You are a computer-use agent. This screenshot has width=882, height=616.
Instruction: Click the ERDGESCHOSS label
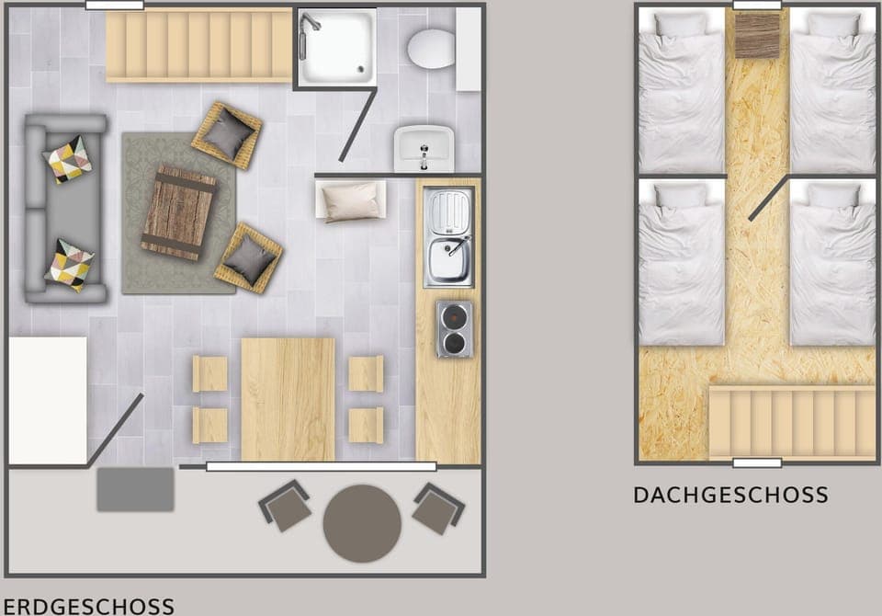tap(88, 606)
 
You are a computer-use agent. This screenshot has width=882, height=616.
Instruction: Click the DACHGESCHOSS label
tap(730, 496)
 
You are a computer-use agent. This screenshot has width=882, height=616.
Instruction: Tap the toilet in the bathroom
tap(431, 48)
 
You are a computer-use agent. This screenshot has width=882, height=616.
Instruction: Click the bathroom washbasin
tap(424, 148)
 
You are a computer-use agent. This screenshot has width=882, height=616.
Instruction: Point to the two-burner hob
tap(454, 329)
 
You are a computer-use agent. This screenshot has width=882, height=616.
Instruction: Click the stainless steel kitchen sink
tap(448, 237)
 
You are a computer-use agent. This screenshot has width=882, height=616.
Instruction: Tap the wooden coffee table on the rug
tap(178, 212)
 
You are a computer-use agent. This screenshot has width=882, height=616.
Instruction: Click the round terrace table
tap(362, 523)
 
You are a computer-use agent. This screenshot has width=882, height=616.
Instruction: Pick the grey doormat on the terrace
tap(135, 489)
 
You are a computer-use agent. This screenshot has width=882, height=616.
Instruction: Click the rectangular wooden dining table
tap(288, 399)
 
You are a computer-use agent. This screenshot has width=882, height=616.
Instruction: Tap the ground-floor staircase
tap(198, 45)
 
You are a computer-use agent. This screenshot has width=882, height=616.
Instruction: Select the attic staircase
tap(792, 422)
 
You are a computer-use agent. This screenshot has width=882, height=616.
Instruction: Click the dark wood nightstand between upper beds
tap(757, 34)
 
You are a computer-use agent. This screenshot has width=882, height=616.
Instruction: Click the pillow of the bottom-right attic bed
tap(833, 196)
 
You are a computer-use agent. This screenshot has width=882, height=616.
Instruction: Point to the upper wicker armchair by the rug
tap(227, 135)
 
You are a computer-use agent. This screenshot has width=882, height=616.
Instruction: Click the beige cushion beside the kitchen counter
tap(351, 201)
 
